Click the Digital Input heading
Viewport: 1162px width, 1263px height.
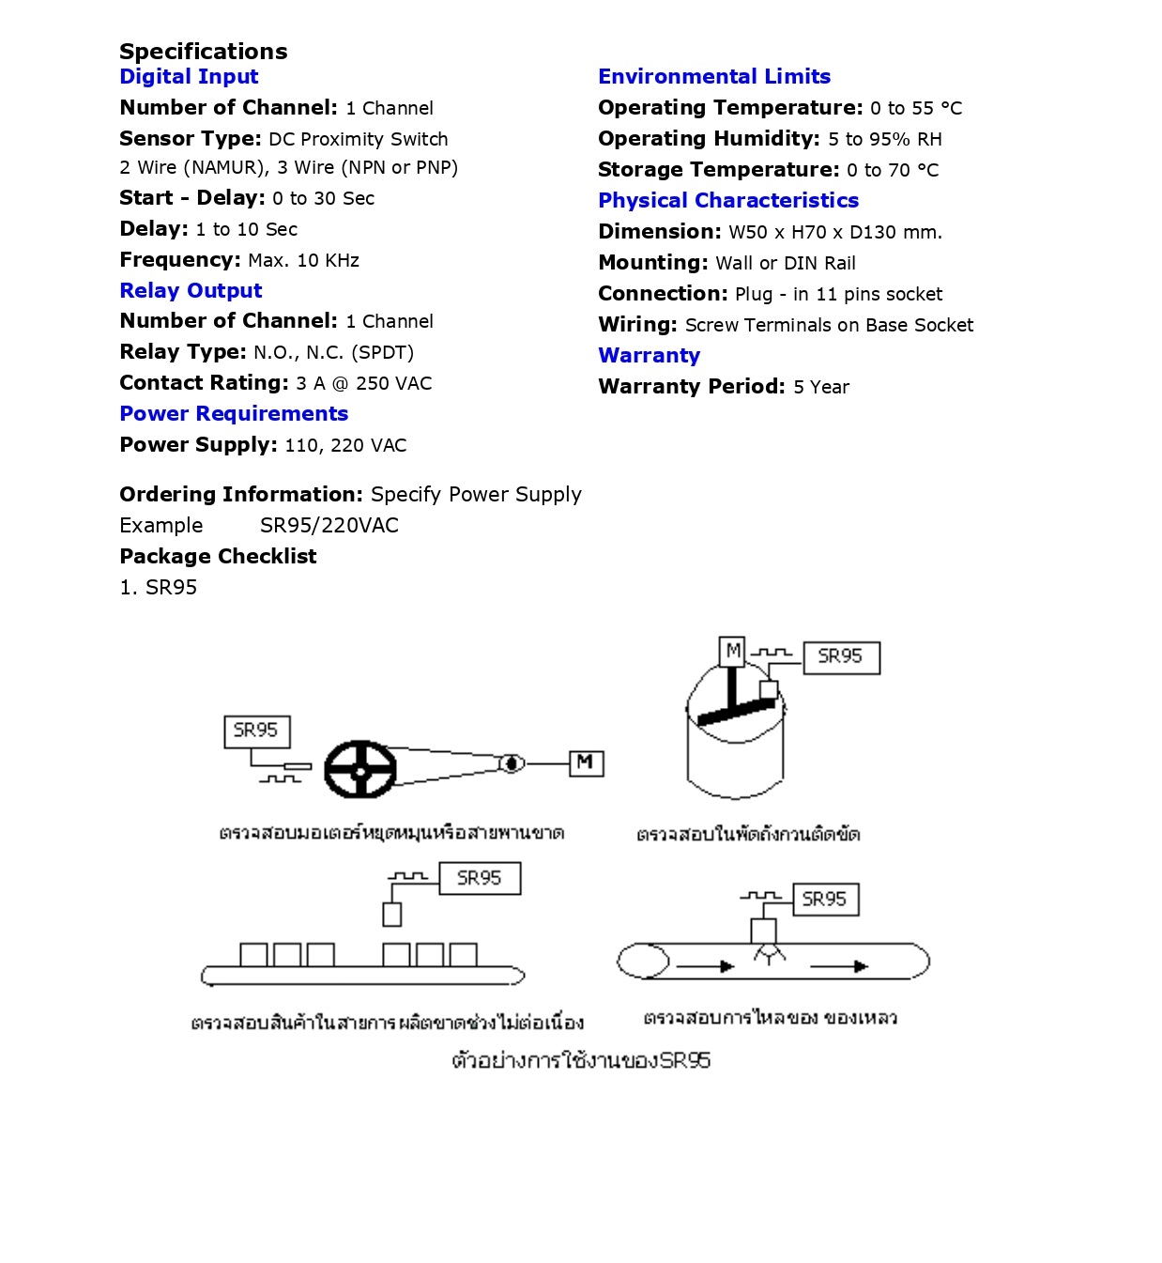click(x=189, y=77)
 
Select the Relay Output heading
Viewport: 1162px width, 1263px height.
click(x=191, y=291)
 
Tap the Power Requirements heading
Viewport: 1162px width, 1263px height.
click(x=234, y=414)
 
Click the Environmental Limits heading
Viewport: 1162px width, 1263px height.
click(x=714, y=77)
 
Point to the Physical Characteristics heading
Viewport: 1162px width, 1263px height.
click(x=728, y=201)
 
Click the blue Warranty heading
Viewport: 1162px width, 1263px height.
click(x=650, y=356)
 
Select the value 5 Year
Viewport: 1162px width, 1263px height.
click(x=821, y=387)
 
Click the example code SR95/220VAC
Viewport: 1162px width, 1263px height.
click(x=329, y=526)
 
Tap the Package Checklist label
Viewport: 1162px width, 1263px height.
click(x=218, y=557)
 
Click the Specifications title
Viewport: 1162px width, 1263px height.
click(x=204, y=52)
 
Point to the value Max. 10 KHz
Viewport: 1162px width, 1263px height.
click(x=304, y=260)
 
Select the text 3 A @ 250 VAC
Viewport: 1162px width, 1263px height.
click(x=364, y=383)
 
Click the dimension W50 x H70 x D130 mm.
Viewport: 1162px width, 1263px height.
click(x=835, y=232)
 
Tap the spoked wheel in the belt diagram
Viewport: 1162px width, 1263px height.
click(x=360, y=769)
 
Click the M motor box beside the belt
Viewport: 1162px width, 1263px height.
click(x=586, y=762)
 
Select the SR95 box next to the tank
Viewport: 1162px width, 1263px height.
click(x=841, y=657)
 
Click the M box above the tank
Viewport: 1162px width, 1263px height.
click(x=733, y=651)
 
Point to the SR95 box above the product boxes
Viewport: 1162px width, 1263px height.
click(x=480, y=879)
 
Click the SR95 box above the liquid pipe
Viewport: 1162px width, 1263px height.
click(x=825, y=900)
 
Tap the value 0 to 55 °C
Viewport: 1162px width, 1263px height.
click(x=916, y=108)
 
